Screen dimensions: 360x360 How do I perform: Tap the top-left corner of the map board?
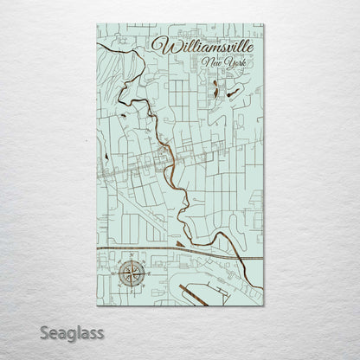pos(93,25)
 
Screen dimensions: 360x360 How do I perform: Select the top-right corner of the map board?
pos(265,25)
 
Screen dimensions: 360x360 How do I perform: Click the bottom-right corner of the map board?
pos(265,305)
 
